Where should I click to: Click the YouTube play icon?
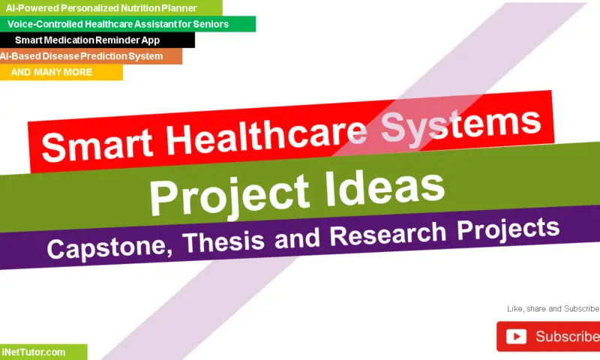[x=516, y=337]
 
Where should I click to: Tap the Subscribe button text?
[x=567, y=337]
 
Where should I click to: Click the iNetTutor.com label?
[x=34, y=352]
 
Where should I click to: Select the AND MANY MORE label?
[x=52, y=73]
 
